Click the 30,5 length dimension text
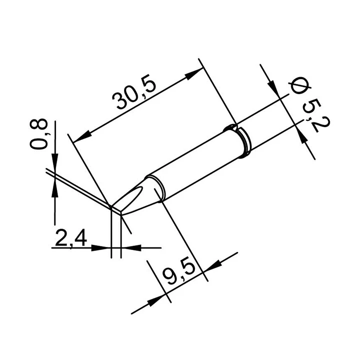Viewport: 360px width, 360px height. (x=134, y=91)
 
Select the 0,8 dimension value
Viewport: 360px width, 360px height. (x=38, y=134)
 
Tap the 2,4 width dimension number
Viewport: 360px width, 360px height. (x=71, y=238)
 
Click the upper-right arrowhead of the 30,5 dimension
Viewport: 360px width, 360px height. (x=194, y=73)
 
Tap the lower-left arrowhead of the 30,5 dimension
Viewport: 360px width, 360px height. (x=82, y=136)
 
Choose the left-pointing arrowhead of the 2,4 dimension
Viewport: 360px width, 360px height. (x=130, y=247)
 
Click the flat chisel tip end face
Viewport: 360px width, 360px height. (x=116, y=210)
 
